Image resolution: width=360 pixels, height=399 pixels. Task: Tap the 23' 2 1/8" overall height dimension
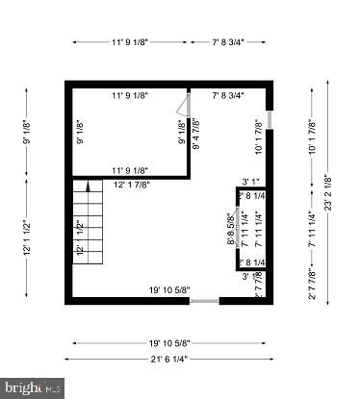pyautogui.click(x=329, y=192)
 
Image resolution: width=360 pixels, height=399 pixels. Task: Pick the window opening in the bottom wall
pyautogui.click(x=204, y=301)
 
